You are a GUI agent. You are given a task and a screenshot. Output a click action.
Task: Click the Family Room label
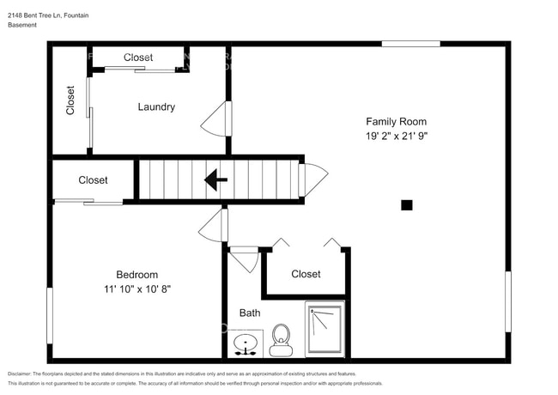(x=396, y=122)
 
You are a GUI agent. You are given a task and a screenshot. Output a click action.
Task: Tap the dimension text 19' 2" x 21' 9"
(x=396, y=136)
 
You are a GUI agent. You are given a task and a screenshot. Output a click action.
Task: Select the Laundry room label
(x=156, y=107)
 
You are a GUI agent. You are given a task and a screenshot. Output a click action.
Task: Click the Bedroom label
(x=137, y=275)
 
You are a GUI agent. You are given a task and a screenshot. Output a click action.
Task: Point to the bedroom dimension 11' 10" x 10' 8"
(x=137, y=289)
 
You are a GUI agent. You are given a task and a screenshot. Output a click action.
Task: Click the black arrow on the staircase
(x=215, y=180)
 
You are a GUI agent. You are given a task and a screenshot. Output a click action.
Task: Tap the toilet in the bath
(x=281, y=339)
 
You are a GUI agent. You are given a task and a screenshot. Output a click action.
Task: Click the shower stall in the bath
(x=324, y=328)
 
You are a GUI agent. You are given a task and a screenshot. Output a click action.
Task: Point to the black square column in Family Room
(x=407, y=204)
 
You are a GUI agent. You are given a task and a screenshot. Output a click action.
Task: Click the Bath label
(x=250, y=313)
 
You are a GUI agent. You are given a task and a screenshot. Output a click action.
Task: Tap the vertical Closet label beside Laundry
(x=70, y=100)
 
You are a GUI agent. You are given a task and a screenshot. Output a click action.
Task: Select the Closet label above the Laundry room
(x=138, y=58)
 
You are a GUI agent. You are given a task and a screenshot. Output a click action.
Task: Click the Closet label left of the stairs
(x=93, y=180)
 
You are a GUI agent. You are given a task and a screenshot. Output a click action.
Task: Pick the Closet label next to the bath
(x=306, y=274)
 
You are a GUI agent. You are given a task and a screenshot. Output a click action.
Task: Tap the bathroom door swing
(x=246, y=259)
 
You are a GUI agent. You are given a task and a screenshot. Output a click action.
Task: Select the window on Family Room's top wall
(x=410, y=44)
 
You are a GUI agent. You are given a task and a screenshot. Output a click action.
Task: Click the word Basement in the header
(x=22, y=26)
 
